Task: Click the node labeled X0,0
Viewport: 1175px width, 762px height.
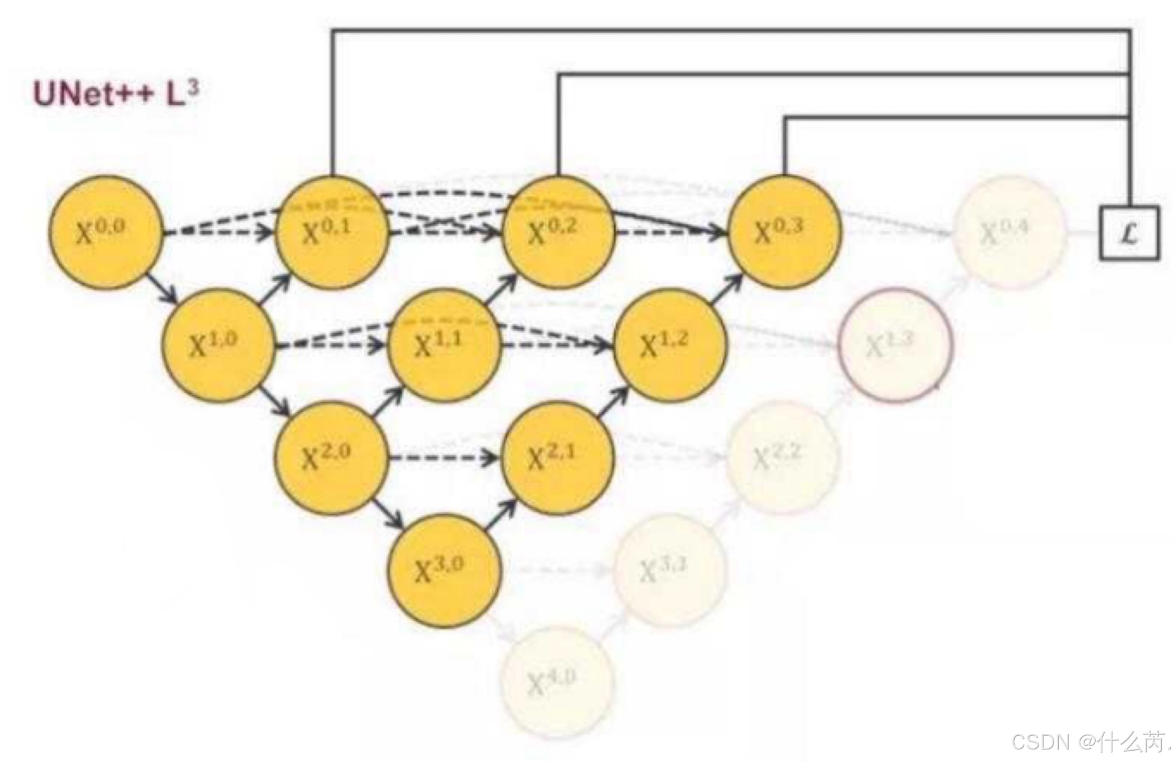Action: pyautogui.click(x=105, y=232)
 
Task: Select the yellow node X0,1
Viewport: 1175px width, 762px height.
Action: pyautogui.click(x=332, y=232)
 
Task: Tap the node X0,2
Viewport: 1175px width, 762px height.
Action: pyautogui.click(x=558, y=232)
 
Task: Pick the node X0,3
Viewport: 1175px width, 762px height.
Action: pyautogui.click(x=784, y=232)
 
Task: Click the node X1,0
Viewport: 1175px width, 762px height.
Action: pyautogui.click(x=219, y=345)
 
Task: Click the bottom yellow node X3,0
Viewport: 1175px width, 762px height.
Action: pyautogui.click(x=444, y=570)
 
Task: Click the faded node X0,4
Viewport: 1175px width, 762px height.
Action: pyautogui.click(x=1009, y=232)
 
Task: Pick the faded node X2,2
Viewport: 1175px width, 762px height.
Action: pyautogui.click(x=782, y=458)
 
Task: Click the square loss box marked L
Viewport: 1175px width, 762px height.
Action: pyautogui.click(x=1129, y=233)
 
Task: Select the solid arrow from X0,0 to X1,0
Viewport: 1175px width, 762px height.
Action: pyautogui.click(x=162, y=288)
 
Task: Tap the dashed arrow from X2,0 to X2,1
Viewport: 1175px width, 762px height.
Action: pyautogui.click(x=444, y=458)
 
